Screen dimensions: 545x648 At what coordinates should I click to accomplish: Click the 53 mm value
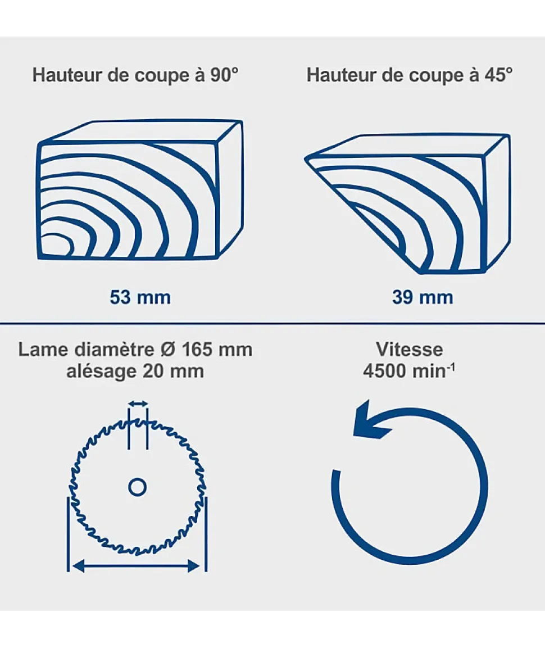tap(140, 297)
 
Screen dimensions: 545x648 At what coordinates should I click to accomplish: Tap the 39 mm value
tap(423, 297)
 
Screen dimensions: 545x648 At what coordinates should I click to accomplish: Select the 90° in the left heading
tap(224, 75)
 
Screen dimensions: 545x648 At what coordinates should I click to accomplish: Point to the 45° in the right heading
tap(498, 75)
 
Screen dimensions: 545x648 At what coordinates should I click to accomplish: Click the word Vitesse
tap(410, 350)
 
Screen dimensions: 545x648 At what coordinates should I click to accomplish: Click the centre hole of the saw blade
tap(138, 487)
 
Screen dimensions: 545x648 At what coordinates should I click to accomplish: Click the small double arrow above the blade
tap(138, 404)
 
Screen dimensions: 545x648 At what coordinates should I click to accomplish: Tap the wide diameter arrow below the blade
tap(137, 566)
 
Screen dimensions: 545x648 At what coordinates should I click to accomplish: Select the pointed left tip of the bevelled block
tap(306, 158)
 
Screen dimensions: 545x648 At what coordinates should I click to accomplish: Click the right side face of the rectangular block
tap(230, 189)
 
